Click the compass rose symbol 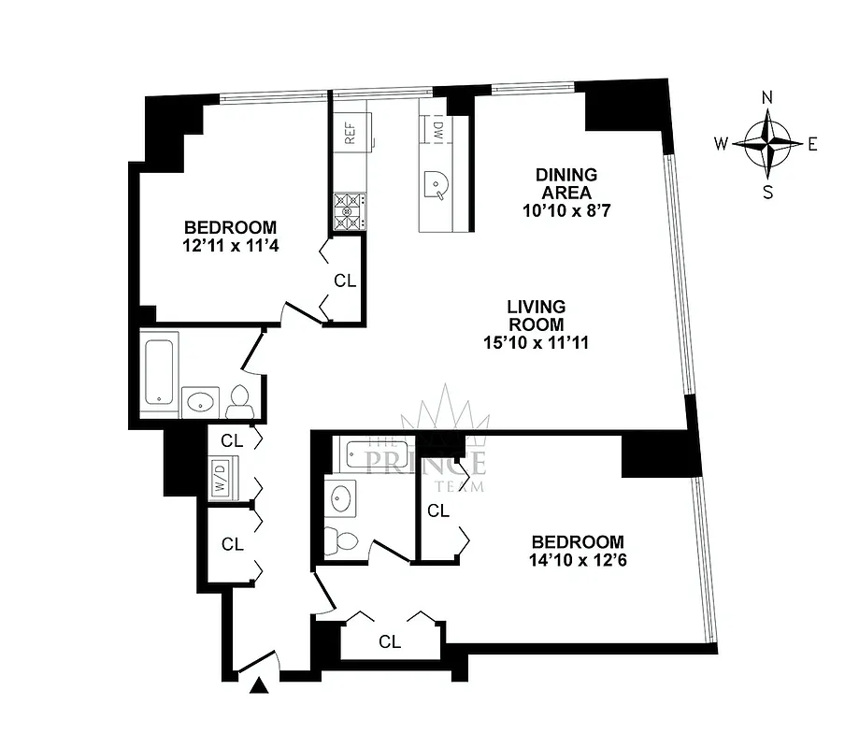pyautogui.click(x=767, y=144)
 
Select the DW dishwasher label pyautogui.click(x=436, y=132)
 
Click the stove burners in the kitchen pyautogui.click(x=348, y=210)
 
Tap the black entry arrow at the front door pyautogui.click(x=261, y=687)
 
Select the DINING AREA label pyautogui.click(x=566, y=183)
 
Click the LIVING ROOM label pyautogui.click(x=536, y=316)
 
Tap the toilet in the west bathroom pyautogui.click(x=238, y=400)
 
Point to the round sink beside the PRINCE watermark pyautogui.click(x=340, y=498)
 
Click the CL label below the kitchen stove pyautogui.click(x=344, y=280)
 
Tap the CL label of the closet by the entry pyautogui.click(x=390, y=642)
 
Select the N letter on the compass pyautogui.click(x=767, y=97)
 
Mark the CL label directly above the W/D pyautogui.click(x=232, y=440)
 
